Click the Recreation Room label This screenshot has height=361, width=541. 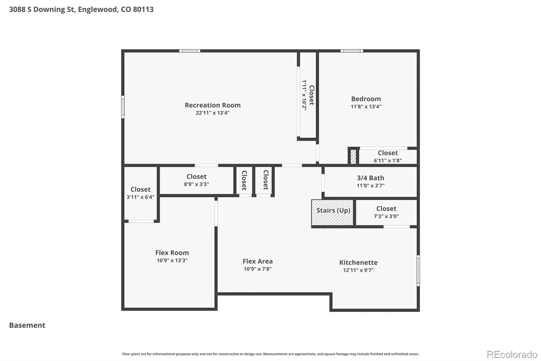[x=213, y=105]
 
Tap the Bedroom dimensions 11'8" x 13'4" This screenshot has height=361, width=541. [x=366, y=106]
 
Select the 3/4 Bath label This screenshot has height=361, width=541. [x=371, y=178]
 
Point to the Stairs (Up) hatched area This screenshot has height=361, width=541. [x=332, y=212]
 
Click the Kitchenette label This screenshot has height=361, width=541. [x=358, y=262]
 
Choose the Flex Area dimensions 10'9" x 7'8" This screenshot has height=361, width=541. [x=257, y=269]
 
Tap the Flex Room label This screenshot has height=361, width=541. [x=172, y=253]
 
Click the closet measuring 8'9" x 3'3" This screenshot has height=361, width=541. [x=196, y=180]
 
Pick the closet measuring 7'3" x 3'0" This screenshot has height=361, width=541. [x=386, y=212]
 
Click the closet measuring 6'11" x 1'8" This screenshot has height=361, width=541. [x=387, y=156]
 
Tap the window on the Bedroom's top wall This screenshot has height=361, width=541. [x=352, y=51]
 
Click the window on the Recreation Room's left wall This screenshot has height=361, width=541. [x=123, y=107]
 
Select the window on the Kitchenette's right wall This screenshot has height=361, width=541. [x=418, y=271]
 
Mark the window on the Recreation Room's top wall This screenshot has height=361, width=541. [x=190, y=51]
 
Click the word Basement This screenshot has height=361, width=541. [x=27, y=325]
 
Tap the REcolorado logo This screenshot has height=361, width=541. [x=512, y=355]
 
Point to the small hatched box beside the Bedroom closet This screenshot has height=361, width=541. [x=353, y=156]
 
